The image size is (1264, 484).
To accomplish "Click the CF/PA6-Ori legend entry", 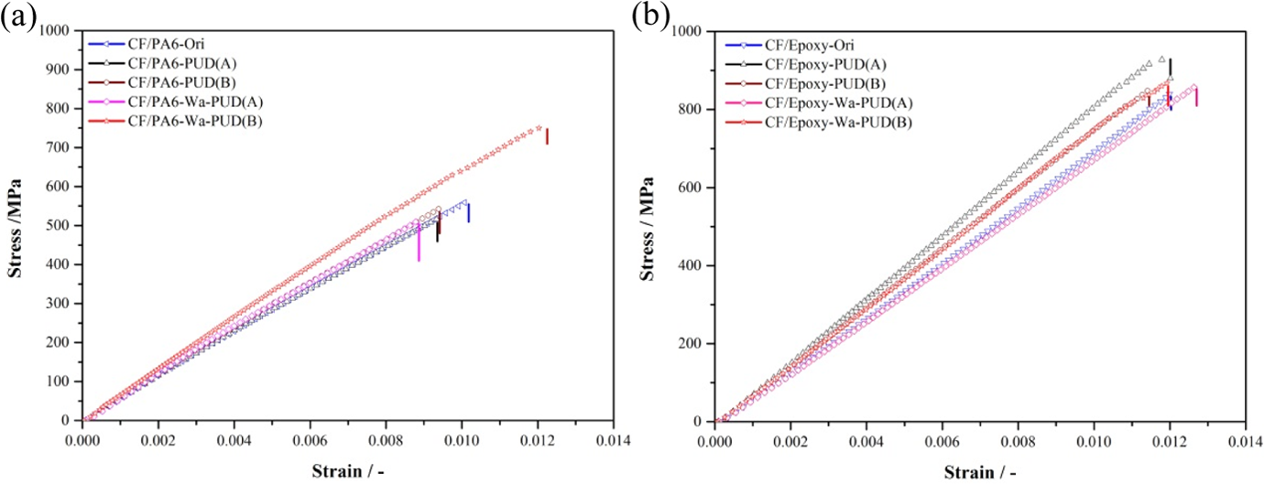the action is (x=147, y=44).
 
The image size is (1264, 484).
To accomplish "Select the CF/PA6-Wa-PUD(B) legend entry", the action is (x=176, y=121).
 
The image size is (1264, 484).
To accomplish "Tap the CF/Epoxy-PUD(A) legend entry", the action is (x=806, y=65).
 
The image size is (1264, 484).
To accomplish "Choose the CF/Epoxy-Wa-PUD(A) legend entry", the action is (x=819, y=103).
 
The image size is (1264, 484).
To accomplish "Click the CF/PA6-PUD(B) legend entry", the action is (x=162, y=83).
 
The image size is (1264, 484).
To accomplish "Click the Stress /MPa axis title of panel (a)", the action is (x=16, y=228).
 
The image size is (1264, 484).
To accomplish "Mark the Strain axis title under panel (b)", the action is (x=980, y=472).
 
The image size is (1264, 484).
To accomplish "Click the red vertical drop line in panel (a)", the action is (x=547, y=136).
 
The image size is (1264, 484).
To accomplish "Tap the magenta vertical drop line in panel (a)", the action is (x=419, y=242).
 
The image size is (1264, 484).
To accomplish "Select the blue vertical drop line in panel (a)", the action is (x=468, y=213).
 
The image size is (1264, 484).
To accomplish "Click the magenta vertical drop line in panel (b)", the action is (x=1196, y=97).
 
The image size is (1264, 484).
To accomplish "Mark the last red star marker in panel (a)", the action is (x=539, y=128).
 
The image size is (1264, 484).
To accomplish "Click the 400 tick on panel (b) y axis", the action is (x=693, y=265).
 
